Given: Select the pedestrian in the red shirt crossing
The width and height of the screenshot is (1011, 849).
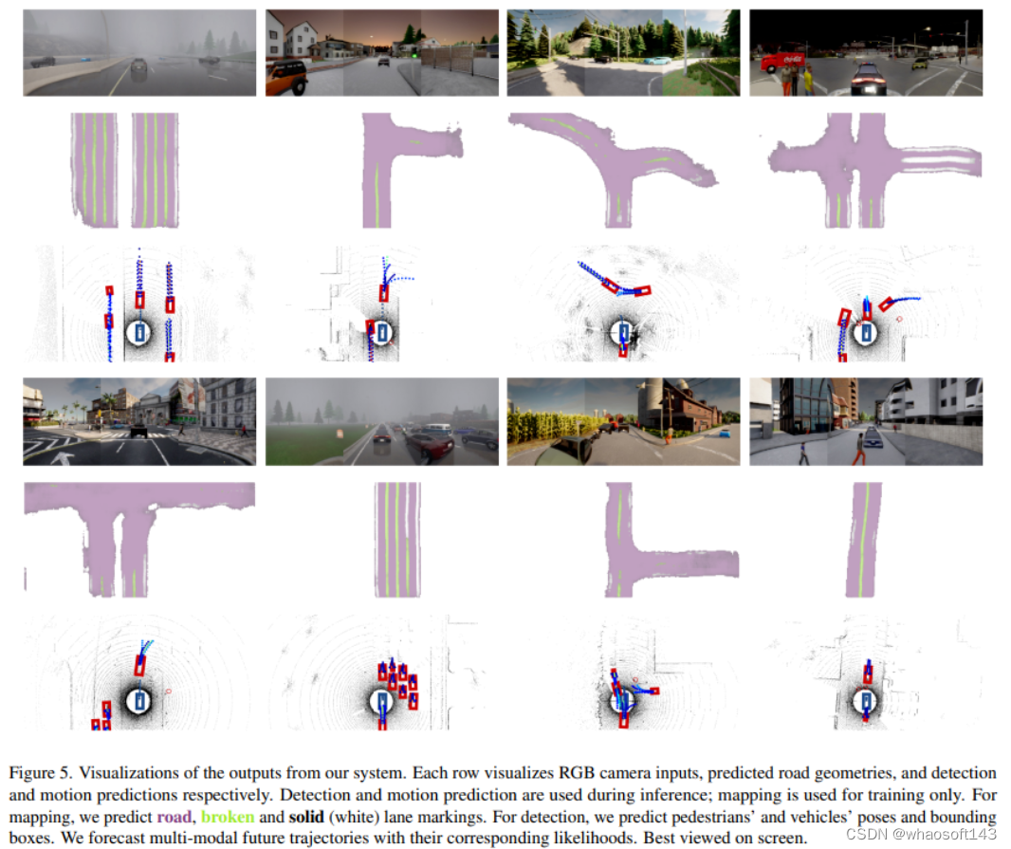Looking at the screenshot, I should (859, 448).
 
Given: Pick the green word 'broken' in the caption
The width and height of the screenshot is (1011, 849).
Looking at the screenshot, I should (228, 817).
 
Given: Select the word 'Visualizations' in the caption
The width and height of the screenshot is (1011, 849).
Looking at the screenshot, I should (128, 773).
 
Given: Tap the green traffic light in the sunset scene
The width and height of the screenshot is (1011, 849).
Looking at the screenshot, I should (414, 54).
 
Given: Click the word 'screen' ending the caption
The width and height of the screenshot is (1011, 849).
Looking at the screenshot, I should (781, 839).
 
